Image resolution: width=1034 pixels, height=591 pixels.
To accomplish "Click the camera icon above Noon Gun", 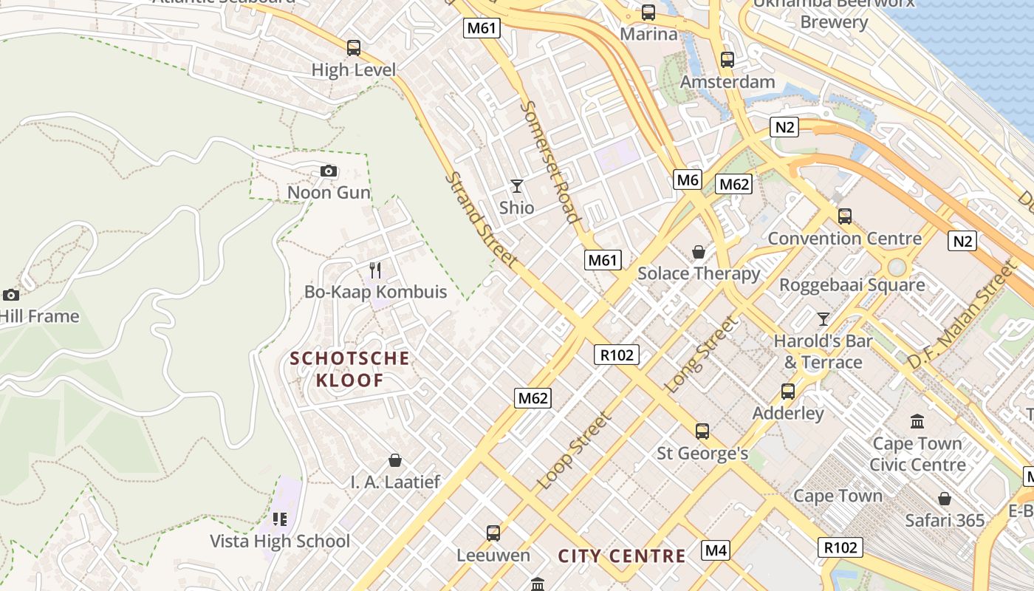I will (329, 171).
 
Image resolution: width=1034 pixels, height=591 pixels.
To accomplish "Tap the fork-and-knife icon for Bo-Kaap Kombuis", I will (375, 270).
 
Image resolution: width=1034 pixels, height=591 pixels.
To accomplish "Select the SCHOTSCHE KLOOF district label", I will (349, 369).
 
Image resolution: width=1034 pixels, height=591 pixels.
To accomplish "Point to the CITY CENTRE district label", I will (622, 556).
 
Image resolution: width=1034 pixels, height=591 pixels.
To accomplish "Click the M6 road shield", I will (687, 180).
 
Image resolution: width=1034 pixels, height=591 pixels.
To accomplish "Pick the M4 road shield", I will (716, 550).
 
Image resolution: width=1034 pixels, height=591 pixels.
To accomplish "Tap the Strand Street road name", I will (482, 220).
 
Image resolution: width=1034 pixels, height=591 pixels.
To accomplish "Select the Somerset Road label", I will (549, 161).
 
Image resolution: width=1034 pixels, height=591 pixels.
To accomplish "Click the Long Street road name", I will (702, 355).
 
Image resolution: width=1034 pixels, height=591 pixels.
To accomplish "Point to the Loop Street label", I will (575, 451).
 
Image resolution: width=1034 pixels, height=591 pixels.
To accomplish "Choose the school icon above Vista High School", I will (279, 519).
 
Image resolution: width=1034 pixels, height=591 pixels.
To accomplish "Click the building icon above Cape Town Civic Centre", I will (917, 422).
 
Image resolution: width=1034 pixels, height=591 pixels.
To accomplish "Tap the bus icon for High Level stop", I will (354, 48).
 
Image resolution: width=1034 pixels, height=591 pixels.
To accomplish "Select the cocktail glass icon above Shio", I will (516, 185).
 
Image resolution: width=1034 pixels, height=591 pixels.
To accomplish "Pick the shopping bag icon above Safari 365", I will (945, 499).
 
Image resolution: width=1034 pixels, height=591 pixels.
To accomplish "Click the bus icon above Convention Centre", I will (845, 216).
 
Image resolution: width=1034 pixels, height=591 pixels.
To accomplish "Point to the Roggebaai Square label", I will (852, 284).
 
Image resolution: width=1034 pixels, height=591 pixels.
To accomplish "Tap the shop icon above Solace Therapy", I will (698, 252).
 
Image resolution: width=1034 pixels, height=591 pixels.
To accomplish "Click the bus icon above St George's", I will (702, 431).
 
